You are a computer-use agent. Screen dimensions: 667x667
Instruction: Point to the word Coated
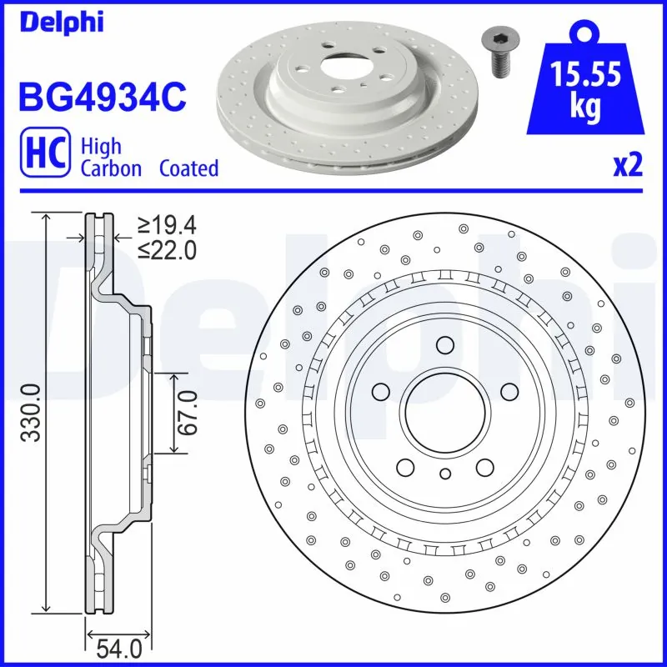click(189, 168)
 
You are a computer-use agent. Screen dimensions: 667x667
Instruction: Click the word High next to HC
click(100, 147)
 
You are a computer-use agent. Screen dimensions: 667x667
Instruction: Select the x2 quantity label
click(628, 166)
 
